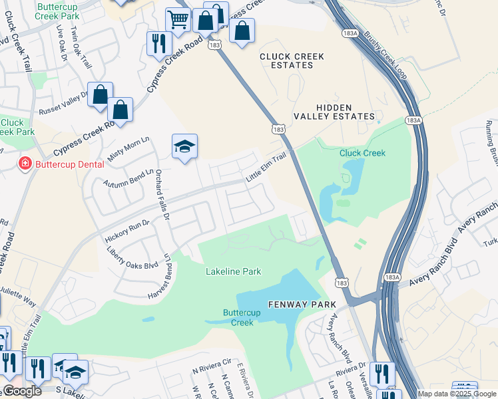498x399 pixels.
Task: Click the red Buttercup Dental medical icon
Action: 25,164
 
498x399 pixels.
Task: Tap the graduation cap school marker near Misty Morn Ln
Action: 184,146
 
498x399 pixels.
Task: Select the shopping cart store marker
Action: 178,20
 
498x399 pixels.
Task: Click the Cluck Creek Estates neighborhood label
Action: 292,61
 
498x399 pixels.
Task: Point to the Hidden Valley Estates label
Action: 345,111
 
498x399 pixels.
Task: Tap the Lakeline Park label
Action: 233,271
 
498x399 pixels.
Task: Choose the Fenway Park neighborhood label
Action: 302,304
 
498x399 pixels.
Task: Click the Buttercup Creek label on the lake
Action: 242,317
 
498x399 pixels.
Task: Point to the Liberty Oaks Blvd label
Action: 132,256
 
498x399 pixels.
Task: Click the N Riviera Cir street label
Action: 211,366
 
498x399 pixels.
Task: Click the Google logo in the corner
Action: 22,391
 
